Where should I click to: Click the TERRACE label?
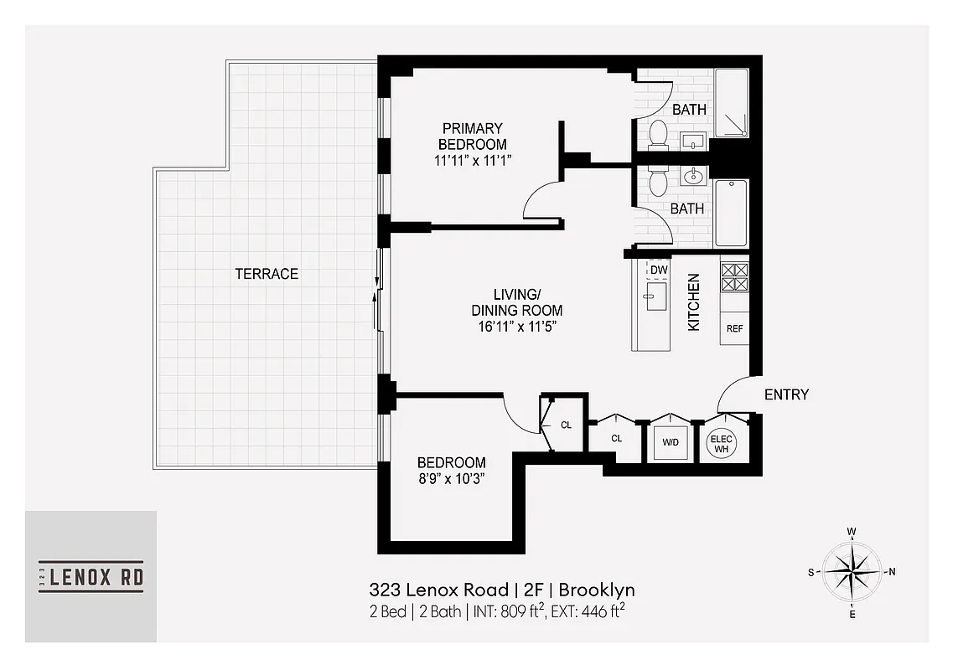tap(267, 274)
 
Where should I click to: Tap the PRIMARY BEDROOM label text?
tap(474, 136)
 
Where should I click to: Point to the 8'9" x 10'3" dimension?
tap(452, 479)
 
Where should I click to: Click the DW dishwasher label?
tap(658, 269)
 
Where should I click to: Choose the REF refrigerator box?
tap(734, 328)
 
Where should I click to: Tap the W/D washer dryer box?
tap(671, 441)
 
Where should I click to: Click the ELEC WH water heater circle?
tap(721, 443)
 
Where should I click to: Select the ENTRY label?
tap(786, 394)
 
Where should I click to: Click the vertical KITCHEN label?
tap(694, 302)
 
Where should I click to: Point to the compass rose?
tap(851, 574)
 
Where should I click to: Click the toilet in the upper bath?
tap(658, 134)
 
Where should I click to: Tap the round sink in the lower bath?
tap(693, 176)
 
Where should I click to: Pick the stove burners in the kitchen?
tap(734, 276)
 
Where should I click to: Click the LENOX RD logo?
tap(91, 576)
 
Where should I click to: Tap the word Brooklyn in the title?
tap(598, 590)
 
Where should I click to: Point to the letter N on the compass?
tap(892, 573)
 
